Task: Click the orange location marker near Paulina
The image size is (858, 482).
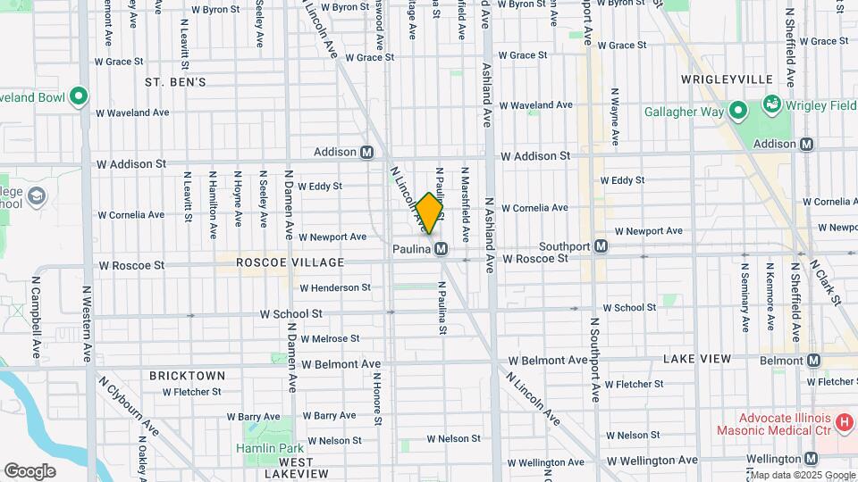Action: (429, 212)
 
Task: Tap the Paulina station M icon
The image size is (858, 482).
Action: (442, 250)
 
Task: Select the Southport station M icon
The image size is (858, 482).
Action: (602, 245)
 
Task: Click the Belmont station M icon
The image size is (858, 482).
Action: (813, 361)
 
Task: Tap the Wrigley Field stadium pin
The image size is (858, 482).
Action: (770, 104)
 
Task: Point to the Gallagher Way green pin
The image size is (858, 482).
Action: (737, 111)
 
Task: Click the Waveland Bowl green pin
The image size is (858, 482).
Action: (79, 96)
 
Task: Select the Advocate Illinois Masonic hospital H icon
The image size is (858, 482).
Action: (843, 420)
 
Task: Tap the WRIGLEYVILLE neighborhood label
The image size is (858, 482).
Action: (726, 79)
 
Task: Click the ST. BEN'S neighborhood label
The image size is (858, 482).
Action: (175, 82)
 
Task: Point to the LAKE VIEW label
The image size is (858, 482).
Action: (697, 359)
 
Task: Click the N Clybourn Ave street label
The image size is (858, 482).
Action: (130, 407)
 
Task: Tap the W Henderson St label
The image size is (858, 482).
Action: (335, 287)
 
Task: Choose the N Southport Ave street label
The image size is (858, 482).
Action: (594, 357)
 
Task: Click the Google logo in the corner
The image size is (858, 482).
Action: (30, 470)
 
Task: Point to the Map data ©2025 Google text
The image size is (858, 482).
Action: (801, 475)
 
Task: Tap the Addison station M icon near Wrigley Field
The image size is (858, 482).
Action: (807, 144)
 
